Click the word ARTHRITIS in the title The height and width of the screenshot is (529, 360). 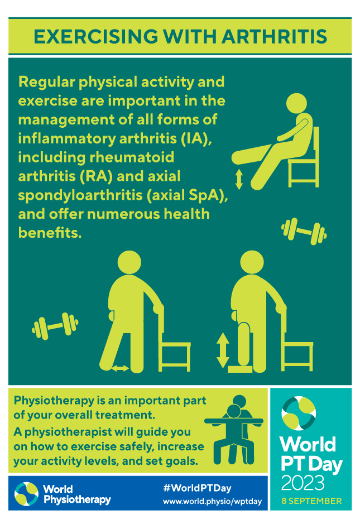coord(274,35)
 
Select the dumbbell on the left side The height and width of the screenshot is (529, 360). coord(55,326)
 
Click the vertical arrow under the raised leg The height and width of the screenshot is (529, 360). coord(239,179)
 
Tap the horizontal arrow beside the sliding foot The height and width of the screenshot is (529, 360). coord(121,368)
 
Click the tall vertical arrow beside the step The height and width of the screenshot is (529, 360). coord(223,350)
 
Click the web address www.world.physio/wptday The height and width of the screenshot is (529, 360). coord(212,501)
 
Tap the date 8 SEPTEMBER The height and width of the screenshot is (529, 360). coord(310,501)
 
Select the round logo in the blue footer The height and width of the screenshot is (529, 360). coord(26,493)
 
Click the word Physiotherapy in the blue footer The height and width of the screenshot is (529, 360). coord(76,499)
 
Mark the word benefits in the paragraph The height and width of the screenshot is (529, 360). coord(50,233)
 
